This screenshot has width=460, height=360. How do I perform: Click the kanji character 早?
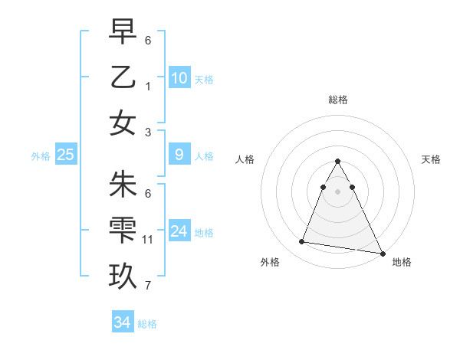click(123, 31)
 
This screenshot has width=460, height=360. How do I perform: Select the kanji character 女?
click(123, 123)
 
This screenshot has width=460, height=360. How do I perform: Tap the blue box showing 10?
click(179, 78)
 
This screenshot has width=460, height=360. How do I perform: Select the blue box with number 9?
click(179, 155)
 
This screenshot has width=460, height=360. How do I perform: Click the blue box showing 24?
click(179, 231)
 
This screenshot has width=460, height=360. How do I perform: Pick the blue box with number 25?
click(65, 155)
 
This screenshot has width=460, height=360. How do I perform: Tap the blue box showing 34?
click(122, 322)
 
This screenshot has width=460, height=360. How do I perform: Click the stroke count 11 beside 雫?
click(148, 240)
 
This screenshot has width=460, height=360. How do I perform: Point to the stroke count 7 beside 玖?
click(148, 286)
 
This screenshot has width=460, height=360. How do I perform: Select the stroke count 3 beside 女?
click(148, 132)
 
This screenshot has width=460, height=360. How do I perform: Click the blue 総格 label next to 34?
click(147, 324)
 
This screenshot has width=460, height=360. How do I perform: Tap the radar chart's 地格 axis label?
click(402, 262)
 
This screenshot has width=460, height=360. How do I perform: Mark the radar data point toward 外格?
click(301, 242)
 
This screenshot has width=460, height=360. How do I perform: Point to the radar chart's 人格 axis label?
click(245, 159)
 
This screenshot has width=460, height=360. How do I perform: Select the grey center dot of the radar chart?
click(337, 191)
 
